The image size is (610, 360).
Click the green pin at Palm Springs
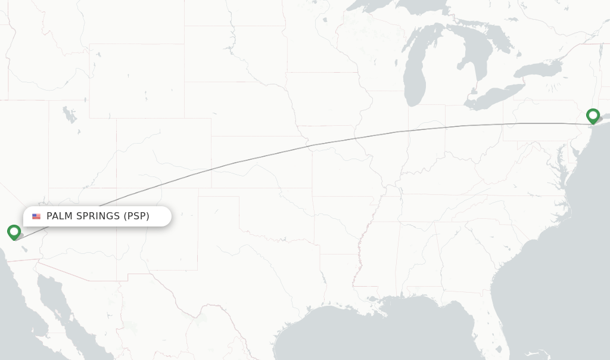pos(14,231)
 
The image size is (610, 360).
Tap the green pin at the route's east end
pos(593,115)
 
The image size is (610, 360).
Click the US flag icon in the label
pos(36,216)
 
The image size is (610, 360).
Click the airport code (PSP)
pos(136,216)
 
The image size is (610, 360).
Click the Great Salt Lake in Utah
pos(70,115)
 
